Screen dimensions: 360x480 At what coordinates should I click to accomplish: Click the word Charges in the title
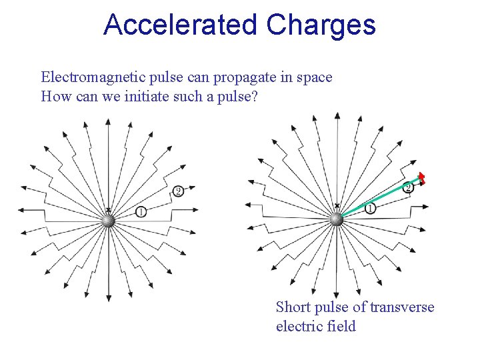[x=321, y=25]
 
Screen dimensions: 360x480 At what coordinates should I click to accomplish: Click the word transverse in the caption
[x=402, y=307]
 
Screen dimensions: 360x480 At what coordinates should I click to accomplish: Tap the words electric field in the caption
[x=316, y=326]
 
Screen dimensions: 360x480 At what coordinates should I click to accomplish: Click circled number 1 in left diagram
[x=141, y=211]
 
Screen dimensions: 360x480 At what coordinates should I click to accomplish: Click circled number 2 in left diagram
[x=178, y=192]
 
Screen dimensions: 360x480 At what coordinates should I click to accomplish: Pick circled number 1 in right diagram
[x=371, y=209]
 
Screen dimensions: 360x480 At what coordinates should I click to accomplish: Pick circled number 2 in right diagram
[x=408, y=187]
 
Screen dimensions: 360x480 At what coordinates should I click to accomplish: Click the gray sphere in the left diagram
[x=109, y=220]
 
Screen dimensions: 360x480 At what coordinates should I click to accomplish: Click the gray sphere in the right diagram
[x=337, y=219]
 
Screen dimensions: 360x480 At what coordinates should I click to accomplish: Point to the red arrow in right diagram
[x=421, y=177]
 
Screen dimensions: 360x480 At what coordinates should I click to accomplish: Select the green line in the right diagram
[x=377, y=198]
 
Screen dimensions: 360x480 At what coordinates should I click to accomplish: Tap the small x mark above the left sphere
[x=108, y=209]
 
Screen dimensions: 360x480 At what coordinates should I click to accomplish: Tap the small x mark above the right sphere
[x=337, y=207]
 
